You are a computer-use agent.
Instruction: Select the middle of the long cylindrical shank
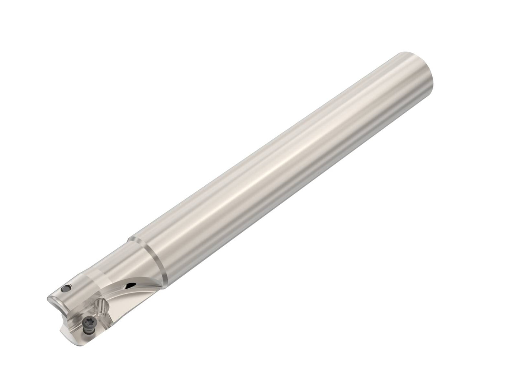click(280, 165)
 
